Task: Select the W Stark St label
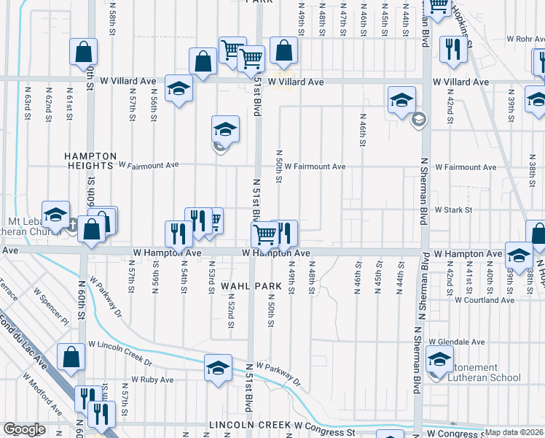coord(453,210)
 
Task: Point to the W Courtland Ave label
coord(484,299)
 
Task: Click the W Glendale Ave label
coord(457,342)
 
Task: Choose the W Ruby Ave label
coord(152,380)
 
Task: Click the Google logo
coord(25,429)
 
